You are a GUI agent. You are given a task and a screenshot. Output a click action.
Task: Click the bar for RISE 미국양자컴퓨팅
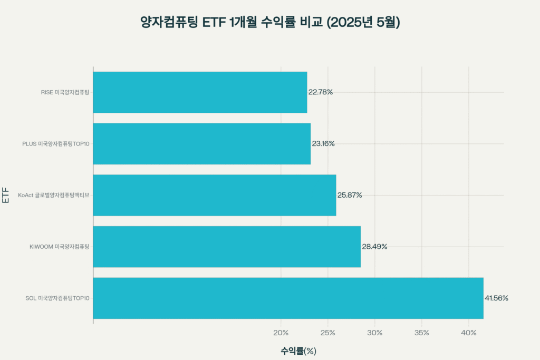[200, 92]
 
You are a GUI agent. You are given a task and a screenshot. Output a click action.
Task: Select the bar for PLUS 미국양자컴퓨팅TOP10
[202, 143]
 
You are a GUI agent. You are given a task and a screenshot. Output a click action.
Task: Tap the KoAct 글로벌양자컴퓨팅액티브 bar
[215, 195]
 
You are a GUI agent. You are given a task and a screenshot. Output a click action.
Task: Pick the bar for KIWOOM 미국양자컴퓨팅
[227, 247]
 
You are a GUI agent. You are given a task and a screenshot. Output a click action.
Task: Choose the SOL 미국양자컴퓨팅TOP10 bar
[288, 298]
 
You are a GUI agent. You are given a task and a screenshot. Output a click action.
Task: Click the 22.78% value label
[321, 92]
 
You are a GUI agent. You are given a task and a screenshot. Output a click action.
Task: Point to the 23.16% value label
[323, 143]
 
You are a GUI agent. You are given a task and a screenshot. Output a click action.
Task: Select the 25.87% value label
[350, 195]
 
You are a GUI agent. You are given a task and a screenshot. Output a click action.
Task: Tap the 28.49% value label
[374, 247]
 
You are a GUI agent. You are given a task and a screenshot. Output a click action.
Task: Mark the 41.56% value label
[496, 298]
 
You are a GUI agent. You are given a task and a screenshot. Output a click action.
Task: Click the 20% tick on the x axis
[281, 333]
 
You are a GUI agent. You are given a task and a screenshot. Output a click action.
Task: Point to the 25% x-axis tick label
[328, 333]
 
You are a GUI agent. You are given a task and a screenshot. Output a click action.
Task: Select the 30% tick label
[375, 333]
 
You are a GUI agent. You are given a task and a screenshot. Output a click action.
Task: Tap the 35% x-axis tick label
[422, 333]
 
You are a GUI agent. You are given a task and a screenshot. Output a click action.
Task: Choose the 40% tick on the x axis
[469, 333]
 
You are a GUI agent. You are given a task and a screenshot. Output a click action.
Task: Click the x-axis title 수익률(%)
[298, 351]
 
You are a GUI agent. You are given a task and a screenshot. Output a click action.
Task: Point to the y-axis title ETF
[6, 195]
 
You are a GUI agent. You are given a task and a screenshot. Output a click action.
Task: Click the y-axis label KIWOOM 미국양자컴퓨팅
[60, 247]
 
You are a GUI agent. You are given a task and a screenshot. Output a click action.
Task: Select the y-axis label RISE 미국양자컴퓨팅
[65, 92]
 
